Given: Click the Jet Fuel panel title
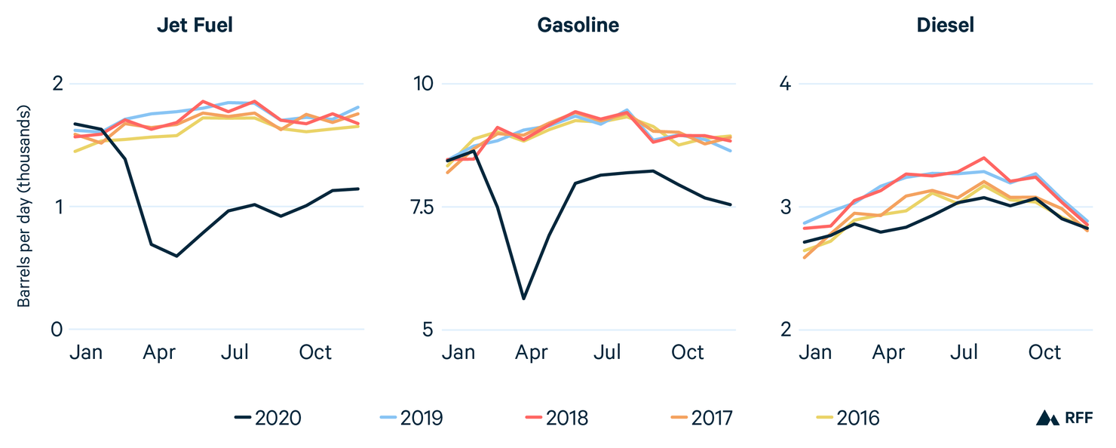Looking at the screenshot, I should point(195,25).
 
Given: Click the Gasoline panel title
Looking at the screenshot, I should point(578,25).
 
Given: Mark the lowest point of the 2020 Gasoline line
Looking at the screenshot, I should point(523,299).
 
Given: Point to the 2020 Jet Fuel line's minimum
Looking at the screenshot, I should point(176,256).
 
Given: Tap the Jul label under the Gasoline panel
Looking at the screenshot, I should point(607,352).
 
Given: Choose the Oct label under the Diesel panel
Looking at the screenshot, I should point(1044,352).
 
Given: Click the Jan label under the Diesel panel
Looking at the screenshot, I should point(815,352).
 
